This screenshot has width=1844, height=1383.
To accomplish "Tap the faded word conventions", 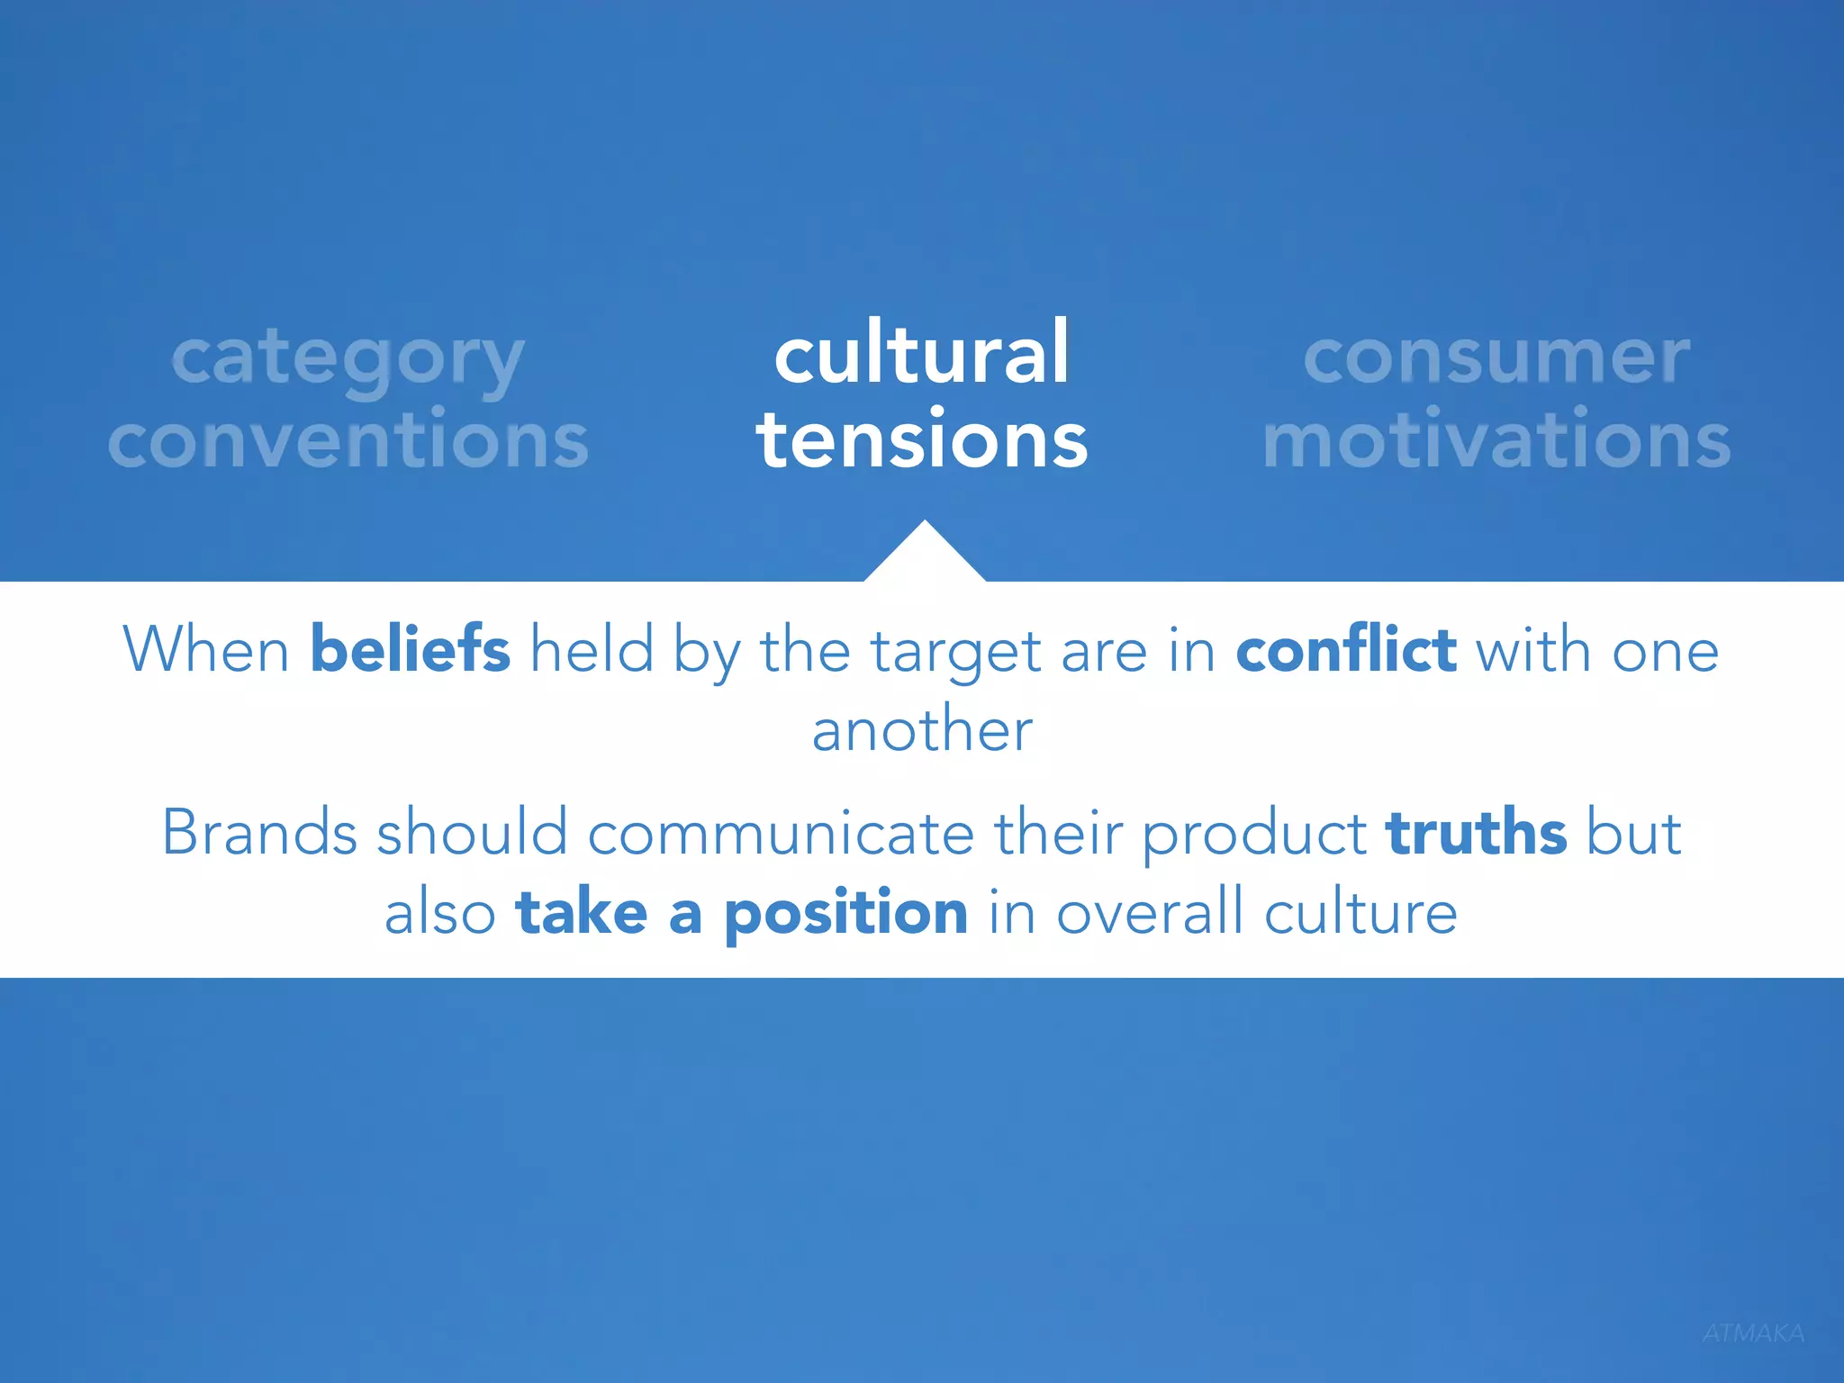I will click(348, 439).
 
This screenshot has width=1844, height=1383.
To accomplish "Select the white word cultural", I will click(922, 353).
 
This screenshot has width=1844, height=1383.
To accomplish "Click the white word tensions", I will click(922, 439).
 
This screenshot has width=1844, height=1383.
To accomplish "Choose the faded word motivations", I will click(1496, 439).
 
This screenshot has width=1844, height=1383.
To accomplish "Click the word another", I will click(922, 729).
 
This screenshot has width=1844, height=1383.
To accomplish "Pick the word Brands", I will click(259, 832).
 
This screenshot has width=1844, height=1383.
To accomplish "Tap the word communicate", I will click(781, 832).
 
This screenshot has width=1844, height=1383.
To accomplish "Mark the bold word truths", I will click(1477, 832).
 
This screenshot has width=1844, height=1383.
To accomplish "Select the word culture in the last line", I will click(1360, 913).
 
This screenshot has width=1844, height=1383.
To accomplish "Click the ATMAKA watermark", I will click(1753, 1333).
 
